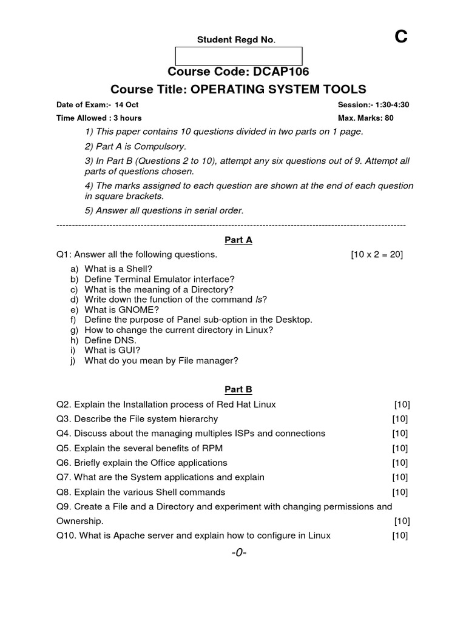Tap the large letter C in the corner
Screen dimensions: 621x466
[x=401, y=38]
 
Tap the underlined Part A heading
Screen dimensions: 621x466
[x=238, y=240]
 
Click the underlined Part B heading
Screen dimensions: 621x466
[x=238, y=389]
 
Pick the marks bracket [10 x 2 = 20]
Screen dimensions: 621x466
[x=377, y=255]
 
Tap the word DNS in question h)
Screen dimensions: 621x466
[x=126, y=341]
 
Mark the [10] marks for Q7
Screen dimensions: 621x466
[x=400, y=477]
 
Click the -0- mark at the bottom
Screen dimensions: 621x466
[x=238, y=553]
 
